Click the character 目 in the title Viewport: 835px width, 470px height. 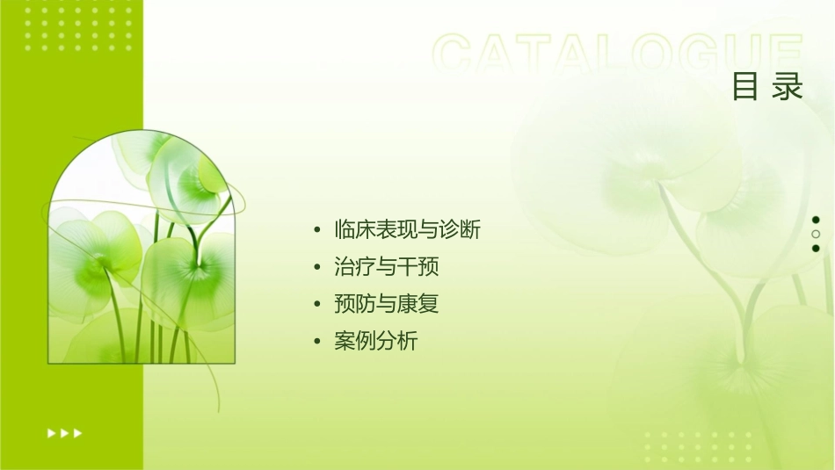click(x=744, y=87)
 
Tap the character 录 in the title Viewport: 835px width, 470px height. click(x=788, y=87)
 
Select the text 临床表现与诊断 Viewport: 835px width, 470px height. click(x=407, y=230)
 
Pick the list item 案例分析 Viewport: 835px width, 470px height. click(x=375, y=341)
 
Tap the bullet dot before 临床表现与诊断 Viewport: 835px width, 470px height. click(x=317, y=231)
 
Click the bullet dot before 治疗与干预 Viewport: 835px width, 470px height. click(x=317, y=268)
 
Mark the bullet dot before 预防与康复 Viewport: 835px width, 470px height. click(x=317, y=305)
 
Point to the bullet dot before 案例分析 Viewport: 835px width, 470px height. click(x=317, y=342)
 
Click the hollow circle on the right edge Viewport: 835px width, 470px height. click(x=816, y=234)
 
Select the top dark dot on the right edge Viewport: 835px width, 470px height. click(x=816, y=220)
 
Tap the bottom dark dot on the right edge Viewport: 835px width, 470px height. click(x=816, y=248)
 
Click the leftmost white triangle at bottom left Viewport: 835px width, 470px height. click(x=51, y=432)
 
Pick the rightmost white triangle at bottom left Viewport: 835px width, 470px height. click(x=78, y=432)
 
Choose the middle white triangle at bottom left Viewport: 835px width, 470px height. click(x=64, y=432)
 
